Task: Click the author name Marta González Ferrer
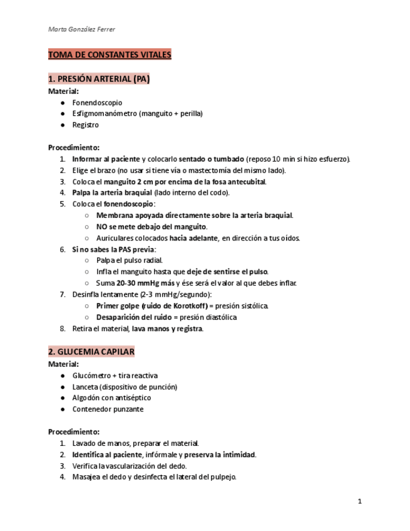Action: (81, 29)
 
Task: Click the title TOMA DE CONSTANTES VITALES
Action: (110, 55)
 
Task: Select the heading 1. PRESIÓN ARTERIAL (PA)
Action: (99, 80)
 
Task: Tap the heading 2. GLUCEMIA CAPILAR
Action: (91, 352)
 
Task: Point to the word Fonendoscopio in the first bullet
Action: (97, 103)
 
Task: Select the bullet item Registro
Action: (86, 125)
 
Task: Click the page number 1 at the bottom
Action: (360, 501)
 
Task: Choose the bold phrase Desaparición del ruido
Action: (135, 317)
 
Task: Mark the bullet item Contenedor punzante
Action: (108, 410)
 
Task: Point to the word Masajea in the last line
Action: (87, 477)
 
